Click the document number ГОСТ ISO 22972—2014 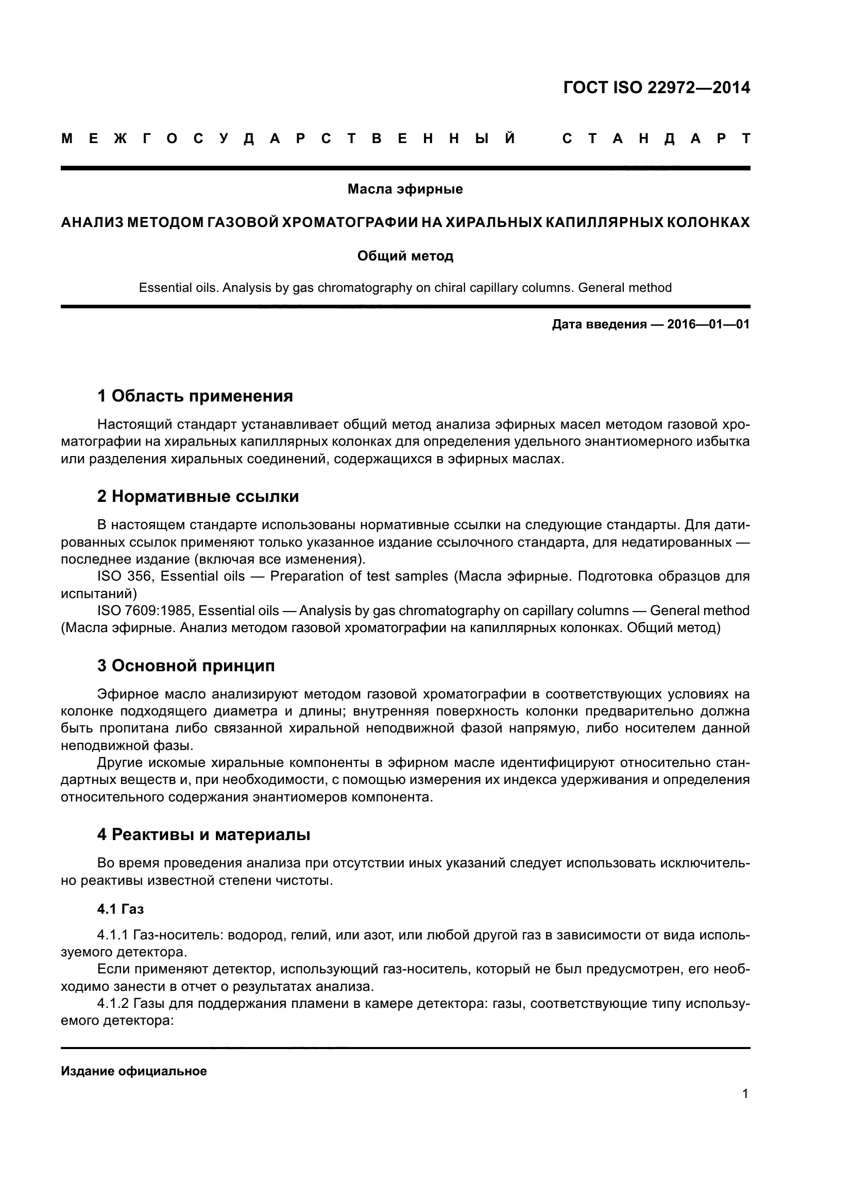[656, 87]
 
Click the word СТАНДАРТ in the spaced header [656, 139]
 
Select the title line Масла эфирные [405, 189]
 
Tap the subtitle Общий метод [405, 256]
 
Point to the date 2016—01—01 [708, 324]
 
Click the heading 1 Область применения [195, 396]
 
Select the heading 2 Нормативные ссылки [198, 496]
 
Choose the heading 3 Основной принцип [186, 666]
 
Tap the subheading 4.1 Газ [120, 909]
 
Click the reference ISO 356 [125, 577]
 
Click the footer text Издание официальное [134, 1071]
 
